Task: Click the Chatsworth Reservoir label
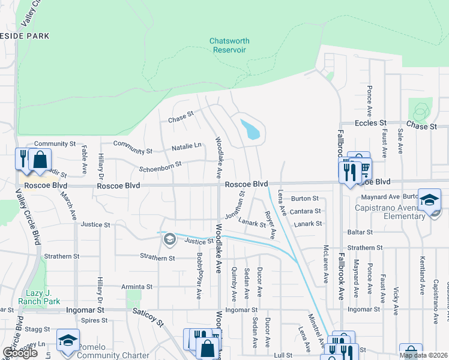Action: [229, 45]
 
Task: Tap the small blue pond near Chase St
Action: [251, 129]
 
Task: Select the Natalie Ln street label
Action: [186, 146]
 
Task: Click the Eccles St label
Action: [370, 123]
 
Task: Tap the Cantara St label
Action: [306, 212]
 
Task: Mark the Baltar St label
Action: [360, 232]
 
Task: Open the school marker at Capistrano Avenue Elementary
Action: [430, 200]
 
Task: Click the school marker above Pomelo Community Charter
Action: [68, 340]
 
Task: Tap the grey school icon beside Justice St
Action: [169, 240]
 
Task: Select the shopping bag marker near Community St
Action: [40, 160]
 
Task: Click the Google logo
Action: [19, 353]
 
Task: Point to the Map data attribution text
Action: [424, 355]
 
